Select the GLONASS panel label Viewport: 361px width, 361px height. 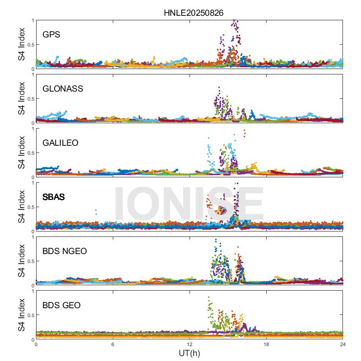[x=63, y=88]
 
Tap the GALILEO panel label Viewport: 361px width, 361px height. [x=60, y=143]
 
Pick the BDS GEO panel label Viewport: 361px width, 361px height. [x=61, y=305]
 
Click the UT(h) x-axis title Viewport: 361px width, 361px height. [x=190, y=353]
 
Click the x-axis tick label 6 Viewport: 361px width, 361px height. [x=113, y=345]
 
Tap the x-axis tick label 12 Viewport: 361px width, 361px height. [x=190, y=345]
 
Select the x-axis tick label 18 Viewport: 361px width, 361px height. [x=266, y=345]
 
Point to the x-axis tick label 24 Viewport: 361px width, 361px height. [x=343, y=345]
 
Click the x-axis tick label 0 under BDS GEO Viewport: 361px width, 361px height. [x=36, y=345]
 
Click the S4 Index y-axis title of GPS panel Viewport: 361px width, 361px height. [x=22, y=44]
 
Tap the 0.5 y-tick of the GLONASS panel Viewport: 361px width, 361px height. [x=29, y=98]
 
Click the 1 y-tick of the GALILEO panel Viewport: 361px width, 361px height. [x=32, y=129]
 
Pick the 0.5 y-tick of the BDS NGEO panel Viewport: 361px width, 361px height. [x=29, y=261]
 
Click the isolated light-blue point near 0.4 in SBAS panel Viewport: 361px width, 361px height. [x=96, y=210]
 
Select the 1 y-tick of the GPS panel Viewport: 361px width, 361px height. [x=32, y=20]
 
